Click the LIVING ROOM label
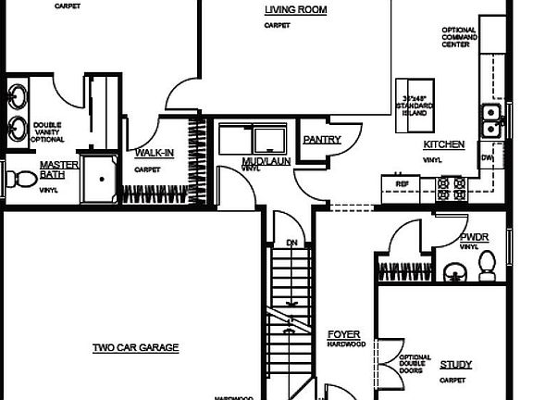pos(295,10)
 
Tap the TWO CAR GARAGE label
pos(135,348)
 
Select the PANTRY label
pos(322,141)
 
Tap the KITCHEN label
pos(443,145)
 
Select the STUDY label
pos(455,365)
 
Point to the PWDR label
pos(474,237)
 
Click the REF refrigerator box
pos(402,184)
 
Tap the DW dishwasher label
pos(487,158)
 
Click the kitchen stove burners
pos(451,189)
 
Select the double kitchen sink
pos(490,121)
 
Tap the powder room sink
pos(453,271)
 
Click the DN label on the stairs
pos(291,244)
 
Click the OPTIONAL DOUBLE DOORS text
pos(413,364)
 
